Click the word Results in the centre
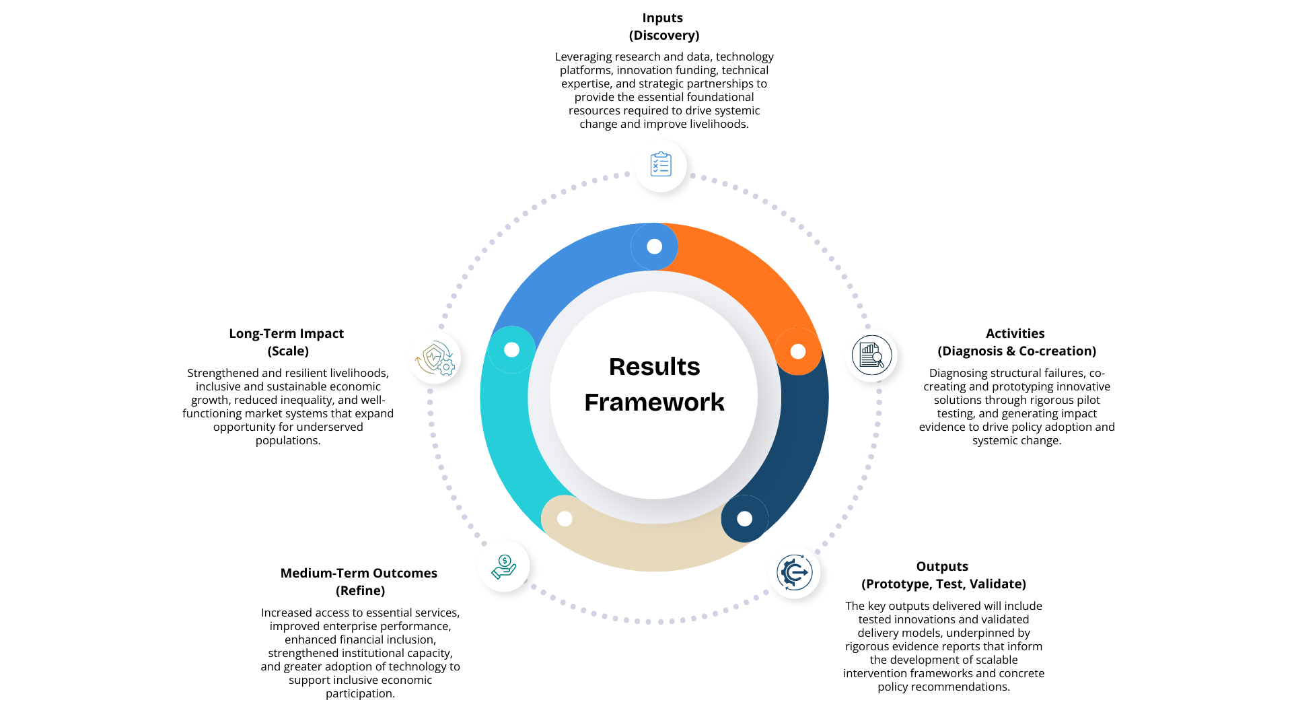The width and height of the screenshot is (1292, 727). (x=654, y=367)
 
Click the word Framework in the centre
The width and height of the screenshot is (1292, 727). (x=654, y=403)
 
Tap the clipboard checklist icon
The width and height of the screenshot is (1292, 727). (x=660, y=166)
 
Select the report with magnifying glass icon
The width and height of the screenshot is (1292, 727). (x=871, y=355)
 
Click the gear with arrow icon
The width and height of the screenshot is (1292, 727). (x=794, y=572)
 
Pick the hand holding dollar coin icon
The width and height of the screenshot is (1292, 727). (x=503, y=566)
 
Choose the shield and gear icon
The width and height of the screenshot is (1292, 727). (x=435, y=358)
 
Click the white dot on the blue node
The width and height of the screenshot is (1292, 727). (x=654, y=247)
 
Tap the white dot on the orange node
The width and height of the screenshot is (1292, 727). (x=798, y=351)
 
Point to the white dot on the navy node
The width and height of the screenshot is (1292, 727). (x=744, y=519)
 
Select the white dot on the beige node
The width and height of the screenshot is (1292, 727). (x=565, y=519)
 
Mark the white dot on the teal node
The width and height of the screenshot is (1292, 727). (x=511, y=350)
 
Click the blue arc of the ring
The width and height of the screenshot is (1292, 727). (x=559, y=276)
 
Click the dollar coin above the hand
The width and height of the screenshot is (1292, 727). (x=505, y=560)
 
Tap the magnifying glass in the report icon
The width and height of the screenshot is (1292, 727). (x=877, y=359)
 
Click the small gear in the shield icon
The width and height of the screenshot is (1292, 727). (x=445, y=367)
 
